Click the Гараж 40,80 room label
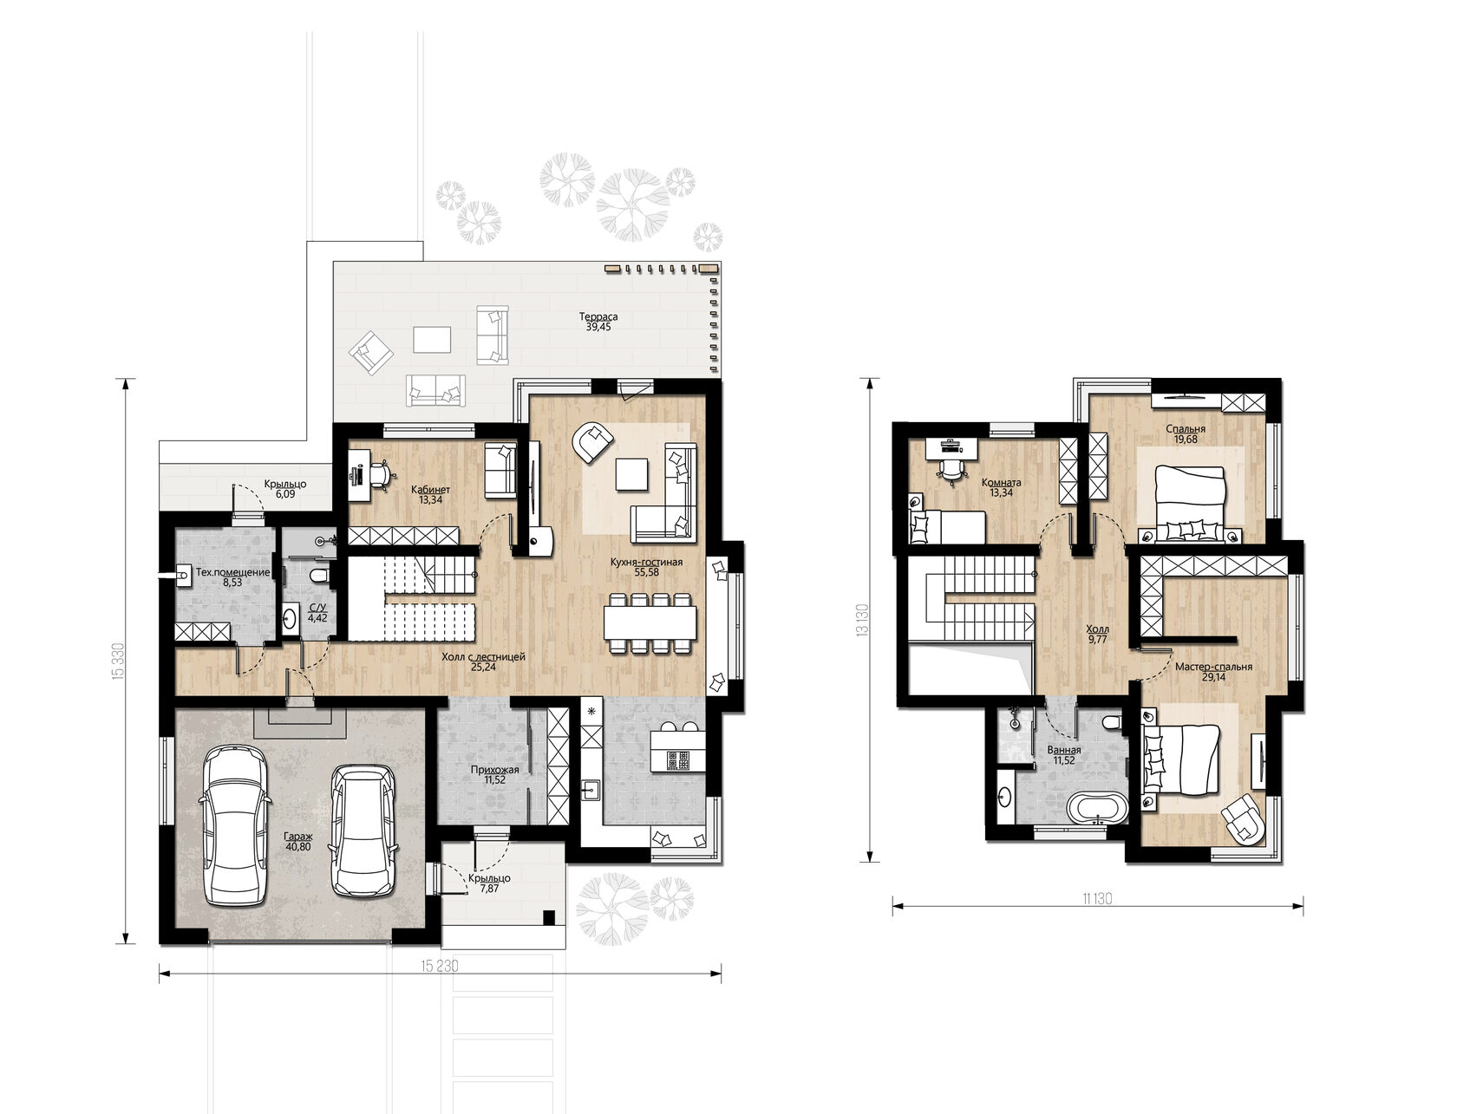[x=298, y=841]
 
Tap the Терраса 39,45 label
[x=598, y=322]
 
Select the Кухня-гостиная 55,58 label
[x=646, y=567]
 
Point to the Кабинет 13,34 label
[x=430, y=495]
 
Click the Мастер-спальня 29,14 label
[x=1213, y=672]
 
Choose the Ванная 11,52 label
[x=1064, y=755]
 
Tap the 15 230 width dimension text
[x=440, y=966]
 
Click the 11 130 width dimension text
[x=1096, y=899]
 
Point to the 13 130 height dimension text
[x=862, y=621]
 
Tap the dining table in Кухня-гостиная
[x=650, y=623]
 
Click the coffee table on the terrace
[x=432, y=340]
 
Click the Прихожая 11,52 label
[x=494, y=775]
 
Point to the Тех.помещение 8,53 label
[x=232, y=577]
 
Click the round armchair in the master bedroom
[x=1243, y=821]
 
